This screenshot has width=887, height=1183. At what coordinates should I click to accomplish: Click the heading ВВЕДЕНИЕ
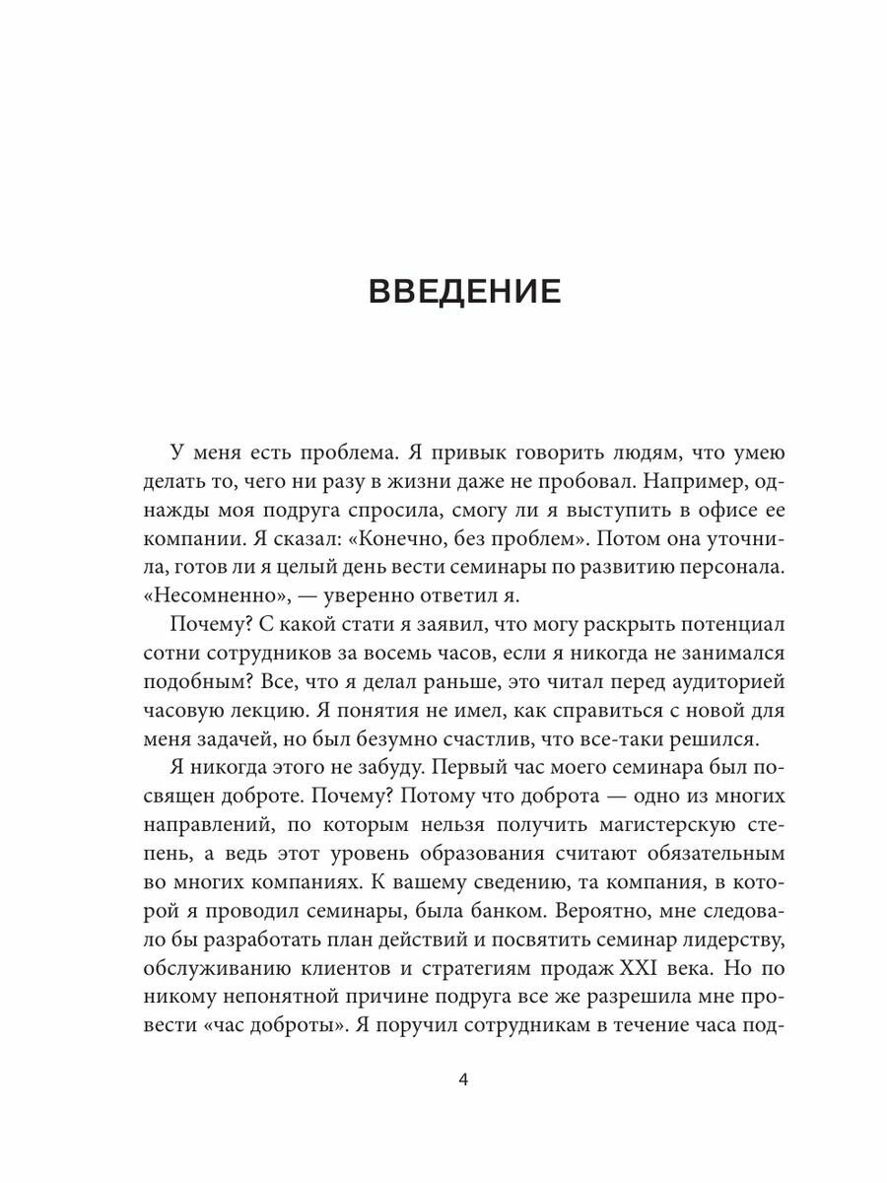tap(463, 293)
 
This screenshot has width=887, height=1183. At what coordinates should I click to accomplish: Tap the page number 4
tap(463, 1079)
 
